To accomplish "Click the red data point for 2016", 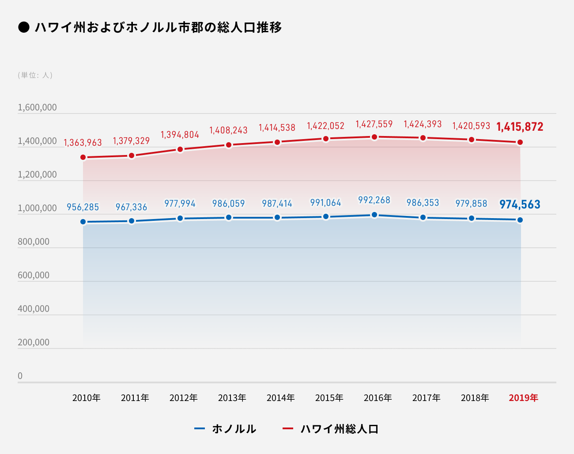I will point(374,137).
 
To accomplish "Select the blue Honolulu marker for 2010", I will point(83,222).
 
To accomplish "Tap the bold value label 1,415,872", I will point(520,127).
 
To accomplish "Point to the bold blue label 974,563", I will point(520,204).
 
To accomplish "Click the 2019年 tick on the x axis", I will point(523,398).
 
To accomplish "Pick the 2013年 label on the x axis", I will point(232,398).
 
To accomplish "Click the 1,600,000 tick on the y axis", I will point(37,107).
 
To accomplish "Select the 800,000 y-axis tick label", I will point(34,242).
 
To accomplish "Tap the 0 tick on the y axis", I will point(20,376).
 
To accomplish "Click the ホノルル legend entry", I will point(226,429).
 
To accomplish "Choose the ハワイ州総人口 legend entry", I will point(331,429).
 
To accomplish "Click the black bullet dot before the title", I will point(23,27).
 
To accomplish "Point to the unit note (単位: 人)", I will point(35,75).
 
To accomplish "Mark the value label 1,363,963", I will point(83,143).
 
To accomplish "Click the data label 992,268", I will point(374,200).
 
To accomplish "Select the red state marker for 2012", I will point(180,149).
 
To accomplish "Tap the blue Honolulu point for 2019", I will point(520,220).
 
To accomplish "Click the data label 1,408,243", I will point(228,130).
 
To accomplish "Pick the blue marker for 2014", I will point(277,217).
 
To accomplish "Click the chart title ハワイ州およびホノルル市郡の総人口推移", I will point(158,27).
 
